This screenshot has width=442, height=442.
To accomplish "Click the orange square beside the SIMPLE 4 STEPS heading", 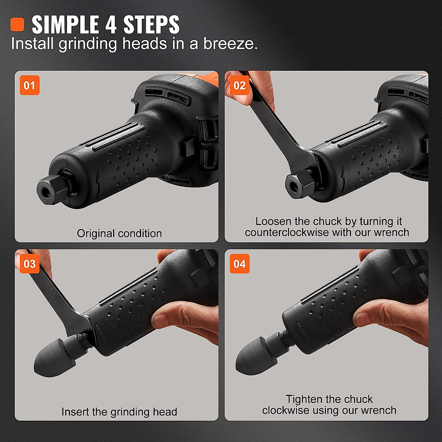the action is [x=17, y=25].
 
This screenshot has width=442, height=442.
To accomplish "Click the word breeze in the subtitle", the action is [x=230, y=43].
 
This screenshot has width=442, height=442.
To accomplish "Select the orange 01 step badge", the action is [x=29, y=85].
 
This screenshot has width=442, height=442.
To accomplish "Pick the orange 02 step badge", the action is [x=239, y=85].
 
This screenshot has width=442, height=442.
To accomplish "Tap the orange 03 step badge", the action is [x=29, y=264].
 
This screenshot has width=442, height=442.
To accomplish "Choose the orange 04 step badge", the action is [x=239, y=264].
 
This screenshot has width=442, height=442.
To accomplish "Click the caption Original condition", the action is [x=119, y=234].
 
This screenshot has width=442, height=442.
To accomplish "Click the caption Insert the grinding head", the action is [x=119, y=412].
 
